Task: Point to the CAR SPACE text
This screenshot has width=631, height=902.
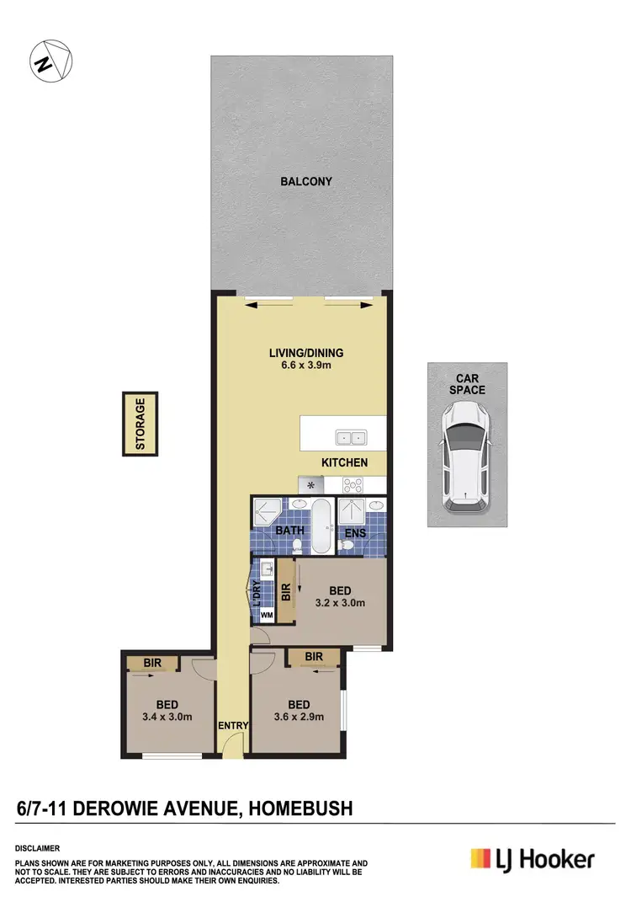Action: [x=467, y=384]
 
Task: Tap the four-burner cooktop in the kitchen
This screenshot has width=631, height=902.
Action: [x=353, y=484]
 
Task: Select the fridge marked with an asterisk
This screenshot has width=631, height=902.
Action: [x=310, y=485]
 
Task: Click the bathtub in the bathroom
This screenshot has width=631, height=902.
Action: [x=321, y=526]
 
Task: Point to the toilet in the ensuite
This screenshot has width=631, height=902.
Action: [x=347, y=546]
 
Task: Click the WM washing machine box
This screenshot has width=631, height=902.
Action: [x=267, y=616]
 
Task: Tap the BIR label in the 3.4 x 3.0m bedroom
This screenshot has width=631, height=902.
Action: [x=152, y=664]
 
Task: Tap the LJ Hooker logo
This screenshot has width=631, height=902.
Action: [x=532, y=859]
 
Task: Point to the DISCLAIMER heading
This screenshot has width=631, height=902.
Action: [x=37, y=848]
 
